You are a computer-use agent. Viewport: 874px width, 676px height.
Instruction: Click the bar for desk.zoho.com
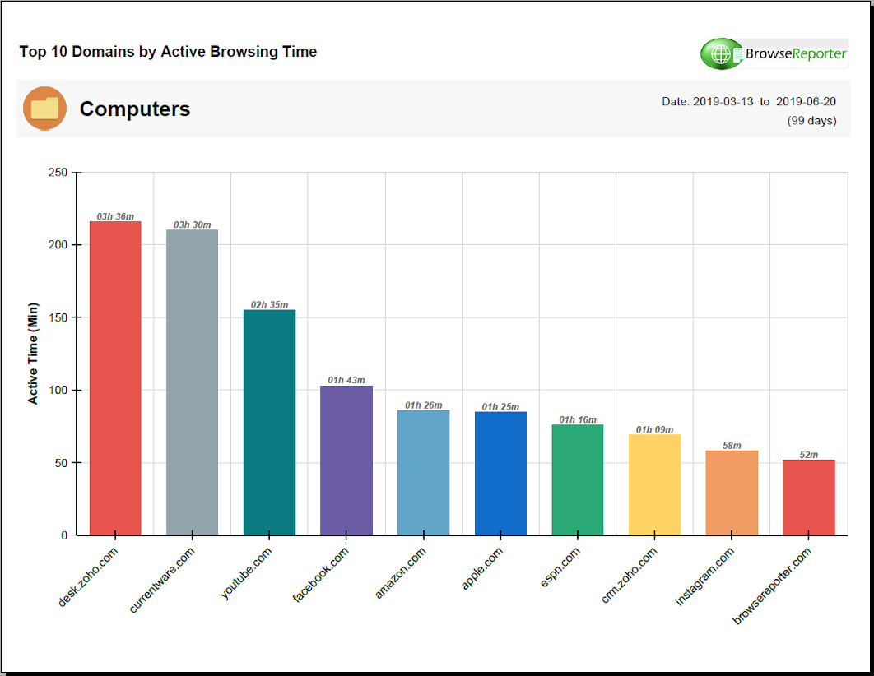pos(115,378)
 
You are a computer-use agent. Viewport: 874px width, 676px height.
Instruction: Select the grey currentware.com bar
pos(192,382)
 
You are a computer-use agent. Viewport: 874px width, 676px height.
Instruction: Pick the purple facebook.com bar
pos(346,461)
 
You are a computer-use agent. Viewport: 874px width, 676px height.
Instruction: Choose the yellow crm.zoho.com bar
pos(654,484)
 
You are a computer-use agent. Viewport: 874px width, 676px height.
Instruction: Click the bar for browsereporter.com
pos(808,498)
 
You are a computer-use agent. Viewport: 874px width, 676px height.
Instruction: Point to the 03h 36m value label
pos(115,216)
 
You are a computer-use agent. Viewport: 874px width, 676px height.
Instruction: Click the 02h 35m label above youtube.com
pos(269,305)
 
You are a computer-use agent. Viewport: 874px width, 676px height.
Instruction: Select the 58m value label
pos(732,446)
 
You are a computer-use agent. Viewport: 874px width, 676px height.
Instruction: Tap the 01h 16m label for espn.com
pos(578,420)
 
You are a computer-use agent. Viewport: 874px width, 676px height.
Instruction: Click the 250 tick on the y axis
pos(58,173)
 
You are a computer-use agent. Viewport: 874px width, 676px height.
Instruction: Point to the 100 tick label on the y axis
pos(58,390)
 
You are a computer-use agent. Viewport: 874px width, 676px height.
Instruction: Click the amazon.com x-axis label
pos(401,573)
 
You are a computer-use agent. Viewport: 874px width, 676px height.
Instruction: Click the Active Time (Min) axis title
pos(34,354)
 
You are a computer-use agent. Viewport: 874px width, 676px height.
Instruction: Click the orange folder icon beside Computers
pos(45,108)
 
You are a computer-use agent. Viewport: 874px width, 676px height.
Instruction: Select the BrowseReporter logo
pos(774,54)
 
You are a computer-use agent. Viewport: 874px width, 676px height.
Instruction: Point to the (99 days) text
pos(811,121)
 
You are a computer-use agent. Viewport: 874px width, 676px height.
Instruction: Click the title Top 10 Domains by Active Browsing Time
pos(168,52)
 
